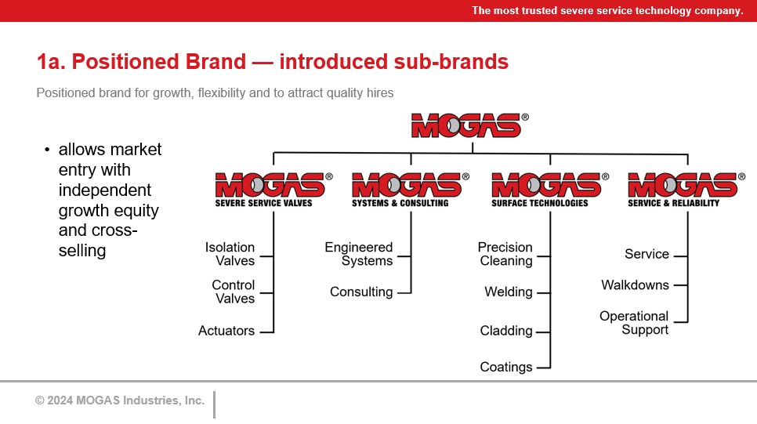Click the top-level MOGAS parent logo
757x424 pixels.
[x=469, y=125]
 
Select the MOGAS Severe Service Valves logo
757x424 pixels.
[x=273, y=190]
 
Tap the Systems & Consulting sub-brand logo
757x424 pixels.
[x=411, y=190]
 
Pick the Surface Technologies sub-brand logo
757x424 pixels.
[x=550, y=190]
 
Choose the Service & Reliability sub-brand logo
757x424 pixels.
[x=686, y=190]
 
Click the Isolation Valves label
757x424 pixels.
[x=230, y=254]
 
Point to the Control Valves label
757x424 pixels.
[x=234, y=292]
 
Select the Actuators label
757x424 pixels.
[x=226, y=331]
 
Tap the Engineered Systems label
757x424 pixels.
[x=359, y=254]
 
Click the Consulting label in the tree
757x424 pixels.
[x=361, y=292]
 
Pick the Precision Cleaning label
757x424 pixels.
[x=505, y=254]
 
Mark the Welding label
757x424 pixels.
[x=509, y=292]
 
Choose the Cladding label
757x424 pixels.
[x=506, y=331]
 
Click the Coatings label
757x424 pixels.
[x=506, y=367]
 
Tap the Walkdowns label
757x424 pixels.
[x=635, y=285]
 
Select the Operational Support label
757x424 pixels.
[x=634, y=323]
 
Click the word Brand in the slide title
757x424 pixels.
[x=216, y=62]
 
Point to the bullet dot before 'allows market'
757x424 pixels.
[x=47, y=150]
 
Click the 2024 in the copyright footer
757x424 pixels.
[x=60, y=400]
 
